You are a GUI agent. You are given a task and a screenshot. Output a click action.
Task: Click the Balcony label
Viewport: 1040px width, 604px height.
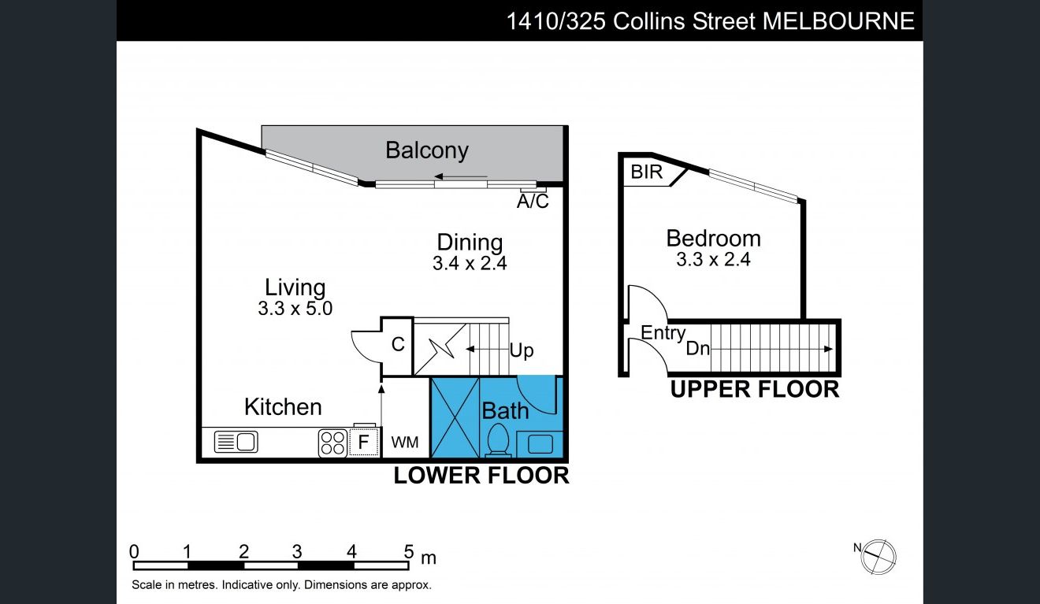[427, 150]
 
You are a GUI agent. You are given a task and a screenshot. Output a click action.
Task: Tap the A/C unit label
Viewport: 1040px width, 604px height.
[533, 202]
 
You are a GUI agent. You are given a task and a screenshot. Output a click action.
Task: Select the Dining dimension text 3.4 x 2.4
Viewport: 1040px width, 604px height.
[470, 263]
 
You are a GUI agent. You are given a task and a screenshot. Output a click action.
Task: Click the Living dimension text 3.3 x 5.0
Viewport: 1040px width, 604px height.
[295, 309]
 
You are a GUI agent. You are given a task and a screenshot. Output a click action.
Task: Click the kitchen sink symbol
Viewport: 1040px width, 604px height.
[236, 442]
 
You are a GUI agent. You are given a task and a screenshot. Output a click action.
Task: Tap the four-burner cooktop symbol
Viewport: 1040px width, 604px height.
[333, 443]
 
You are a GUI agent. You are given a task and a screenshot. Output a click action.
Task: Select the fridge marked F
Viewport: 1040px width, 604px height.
[363, 442]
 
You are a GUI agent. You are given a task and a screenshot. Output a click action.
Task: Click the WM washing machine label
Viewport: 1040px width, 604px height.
[405, 443]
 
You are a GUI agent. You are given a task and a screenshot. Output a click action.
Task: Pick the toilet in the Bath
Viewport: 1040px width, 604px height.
[498, 439]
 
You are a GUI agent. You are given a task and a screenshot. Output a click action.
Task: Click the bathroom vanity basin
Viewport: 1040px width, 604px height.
[540, 444]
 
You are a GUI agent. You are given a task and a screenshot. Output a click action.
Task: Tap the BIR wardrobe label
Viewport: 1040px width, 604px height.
[646, 172]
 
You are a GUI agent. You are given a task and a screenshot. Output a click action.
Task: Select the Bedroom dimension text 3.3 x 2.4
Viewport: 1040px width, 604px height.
[713, 259]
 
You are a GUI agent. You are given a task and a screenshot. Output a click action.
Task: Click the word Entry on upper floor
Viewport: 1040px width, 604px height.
[663, 333]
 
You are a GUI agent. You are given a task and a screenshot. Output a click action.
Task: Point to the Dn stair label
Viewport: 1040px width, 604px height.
[698, 348]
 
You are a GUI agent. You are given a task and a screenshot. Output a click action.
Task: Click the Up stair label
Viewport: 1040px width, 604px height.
[522, 351]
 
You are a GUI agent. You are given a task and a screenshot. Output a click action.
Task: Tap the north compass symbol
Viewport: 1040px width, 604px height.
[878, 557]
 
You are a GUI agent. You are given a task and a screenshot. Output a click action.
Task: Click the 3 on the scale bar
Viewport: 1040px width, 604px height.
[297, 552]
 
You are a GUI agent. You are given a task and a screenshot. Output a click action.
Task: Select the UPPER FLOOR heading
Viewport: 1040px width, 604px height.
[755, 389]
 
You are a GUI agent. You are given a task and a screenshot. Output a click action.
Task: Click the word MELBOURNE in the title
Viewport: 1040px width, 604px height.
[838, 21]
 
